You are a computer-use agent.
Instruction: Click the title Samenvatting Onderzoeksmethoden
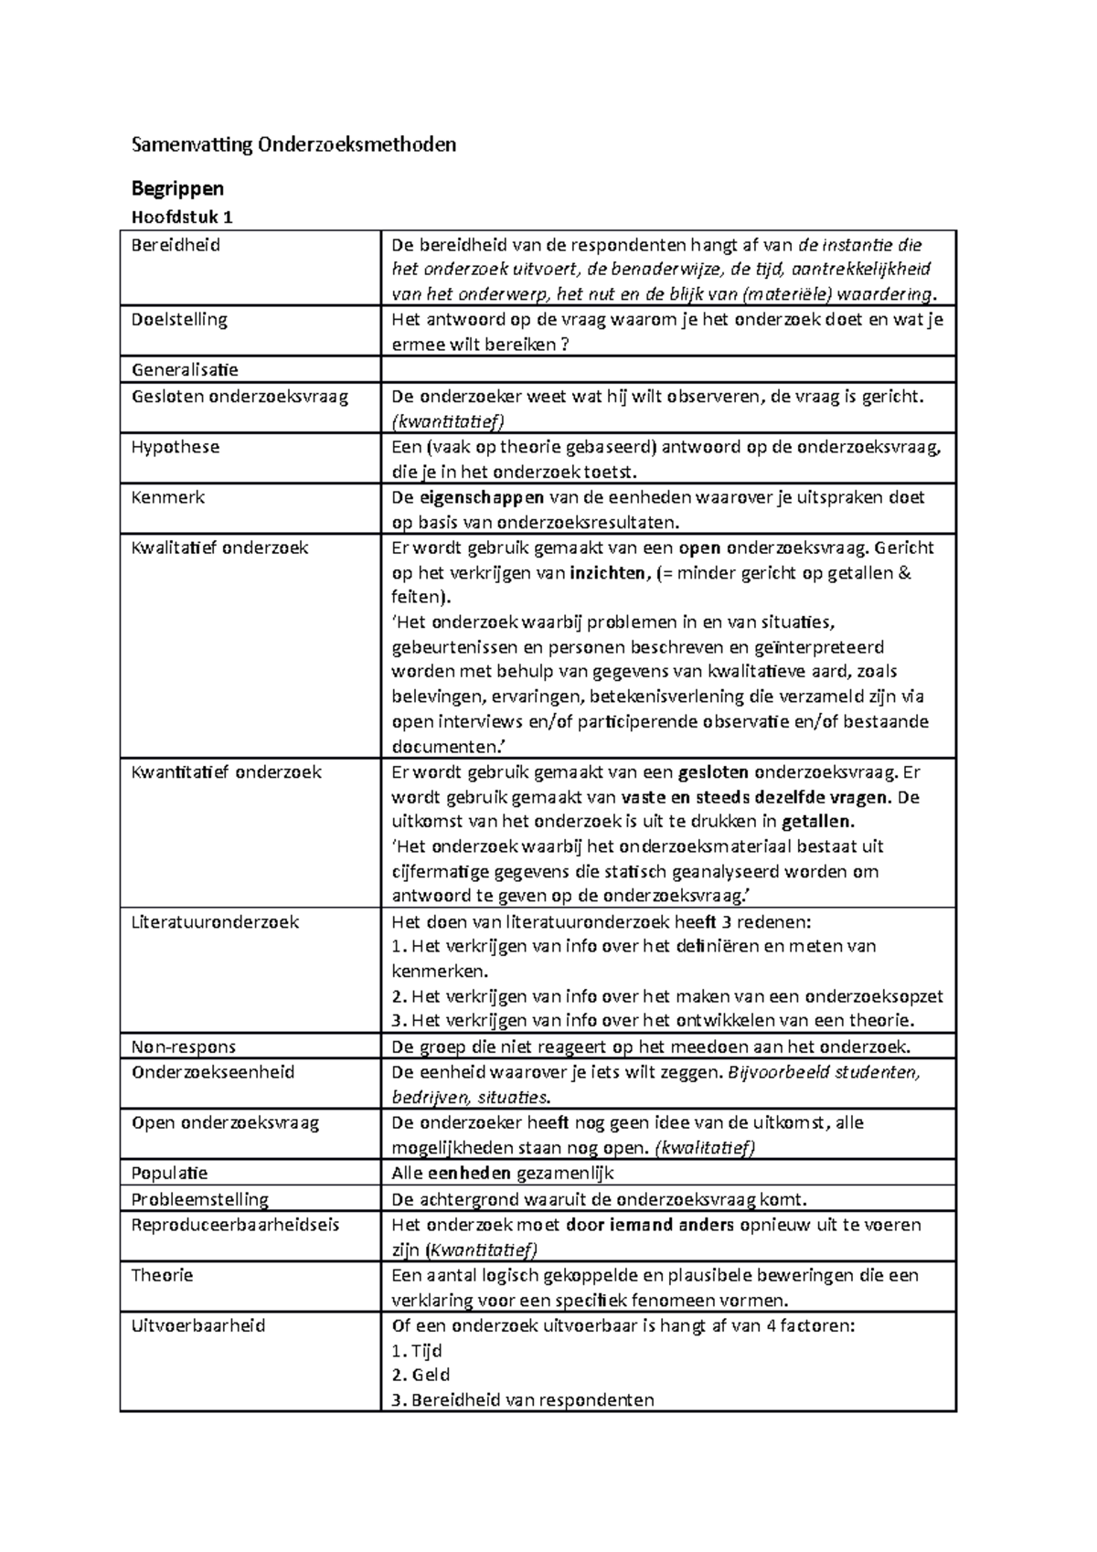293,144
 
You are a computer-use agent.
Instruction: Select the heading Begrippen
177,188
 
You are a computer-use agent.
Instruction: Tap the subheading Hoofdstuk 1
182,218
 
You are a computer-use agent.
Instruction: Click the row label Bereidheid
176,245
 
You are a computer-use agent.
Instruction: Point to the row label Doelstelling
179,320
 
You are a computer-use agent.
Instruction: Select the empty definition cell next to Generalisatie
667,370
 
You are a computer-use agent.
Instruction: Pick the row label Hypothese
175,447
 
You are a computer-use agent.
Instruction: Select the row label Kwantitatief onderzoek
226,772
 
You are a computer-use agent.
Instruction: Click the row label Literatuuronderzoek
215,921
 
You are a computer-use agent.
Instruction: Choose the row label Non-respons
183,1047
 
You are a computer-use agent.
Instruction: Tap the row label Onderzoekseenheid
212,1072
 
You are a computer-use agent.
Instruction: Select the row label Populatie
169,1174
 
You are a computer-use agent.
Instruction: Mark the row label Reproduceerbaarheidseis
235,1225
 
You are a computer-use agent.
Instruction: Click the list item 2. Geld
421,1375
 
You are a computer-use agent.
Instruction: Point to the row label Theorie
162,1275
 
